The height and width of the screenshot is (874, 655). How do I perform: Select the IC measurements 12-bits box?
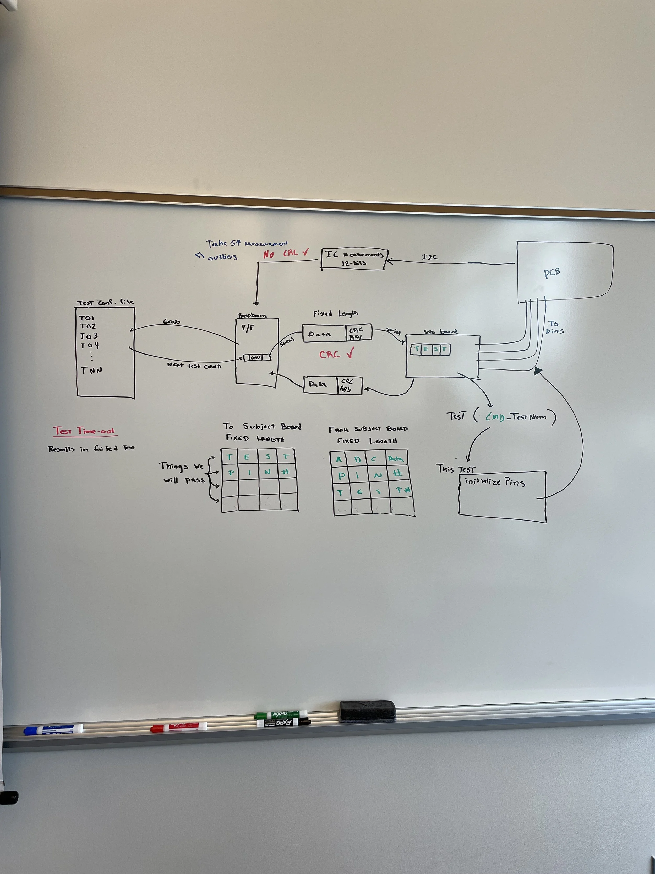[354, 259]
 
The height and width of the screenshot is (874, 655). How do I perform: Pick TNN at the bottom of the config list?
[92, 370]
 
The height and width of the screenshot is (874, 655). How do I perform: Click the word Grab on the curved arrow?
[171, 322]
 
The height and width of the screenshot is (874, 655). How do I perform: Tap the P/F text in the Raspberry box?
[248, 328]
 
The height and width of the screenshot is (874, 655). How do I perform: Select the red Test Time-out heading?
[85, 431]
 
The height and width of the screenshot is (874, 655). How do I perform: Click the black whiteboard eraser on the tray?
[367, 711]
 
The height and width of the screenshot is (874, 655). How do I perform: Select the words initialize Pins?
[495, 482]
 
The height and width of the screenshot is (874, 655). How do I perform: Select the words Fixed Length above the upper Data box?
[336, 314]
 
